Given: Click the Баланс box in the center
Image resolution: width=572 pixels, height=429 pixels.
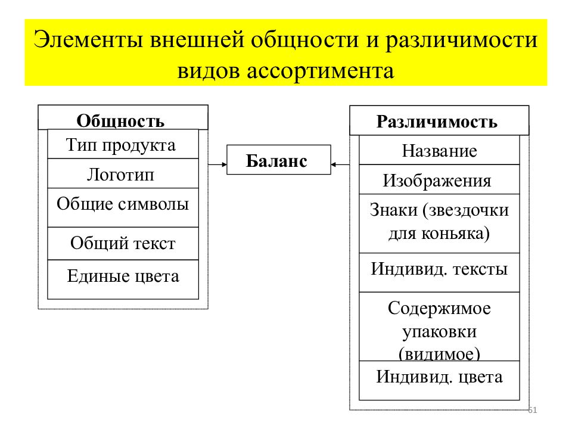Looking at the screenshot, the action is pos(279,160).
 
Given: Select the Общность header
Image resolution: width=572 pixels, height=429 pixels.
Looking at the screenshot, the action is pos(123,117).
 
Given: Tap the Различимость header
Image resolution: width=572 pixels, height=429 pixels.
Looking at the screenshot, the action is pos(439,121).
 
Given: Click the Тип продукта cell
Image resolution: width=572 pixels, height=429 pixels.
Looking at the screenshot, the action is pos(123,144).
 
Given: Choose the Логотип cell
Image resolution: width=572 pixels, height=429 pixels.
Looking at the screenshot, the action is pos(123,173).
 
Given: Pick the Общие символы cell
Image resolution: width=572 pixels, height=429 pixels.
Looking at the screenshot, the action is pos(123,207).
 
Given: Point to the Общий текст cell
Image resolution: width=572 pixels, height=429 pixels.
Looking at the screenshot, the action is pos(123,243).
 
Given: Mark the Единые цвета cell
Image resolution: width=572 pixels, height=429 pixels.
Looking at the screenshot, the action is pos(123,279).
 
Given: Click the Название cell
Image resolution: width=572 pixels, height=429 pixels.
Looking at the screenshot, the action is pos(439,150).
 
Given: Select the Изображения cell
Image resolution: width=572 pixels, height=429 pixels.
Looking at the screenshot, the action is pos(439,179).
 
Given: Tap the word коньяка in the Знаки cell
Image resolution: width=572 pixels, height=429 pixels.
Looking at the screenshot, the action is pos(456,234).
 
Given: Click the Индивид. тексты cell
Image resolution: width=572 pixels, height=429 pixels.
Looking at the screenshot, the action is pos(439,272).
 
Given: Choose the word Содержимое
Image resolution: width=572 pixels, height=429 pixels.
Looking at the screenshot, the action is pos(439,308).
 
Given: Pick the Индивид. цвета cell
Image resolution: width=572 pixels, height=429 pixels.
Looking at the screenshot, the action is pos(439,381).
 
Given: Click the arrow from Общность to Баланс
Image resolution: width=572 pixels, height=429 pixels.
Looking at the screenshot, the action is pos(217,164).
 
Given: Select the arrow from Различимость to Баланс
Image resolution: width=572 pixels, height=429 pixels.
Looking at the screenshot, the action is pos(340,164).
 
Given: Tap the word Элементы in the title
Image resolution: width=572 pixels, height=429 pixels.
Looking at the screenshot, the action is pos(88,39).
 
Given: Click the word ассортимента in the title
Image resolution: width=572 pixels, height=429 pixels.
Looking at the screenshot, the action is pos(321,71).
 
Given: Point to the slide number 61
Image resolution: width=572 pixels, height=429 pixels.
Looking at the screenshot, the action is pos(533,410).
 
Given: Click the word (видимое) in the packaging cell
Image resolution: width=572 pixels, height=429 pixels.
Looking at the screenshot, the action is pos(439,353).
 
